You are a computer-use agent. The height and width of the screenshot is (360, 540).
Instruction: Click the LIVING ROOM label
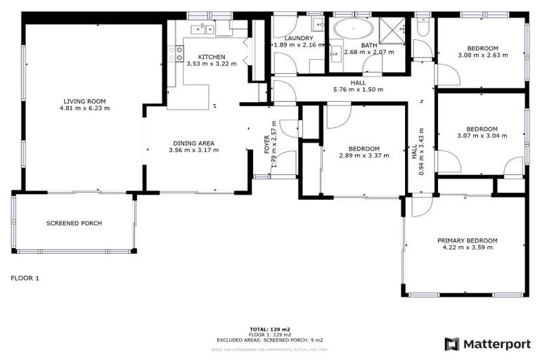pos(86,101)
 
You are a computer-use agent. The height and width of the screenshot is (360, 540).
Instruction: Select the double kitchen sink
pos(205,29)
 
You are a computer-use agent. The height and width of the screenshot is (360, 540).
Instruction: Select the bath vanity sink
pos(335,52)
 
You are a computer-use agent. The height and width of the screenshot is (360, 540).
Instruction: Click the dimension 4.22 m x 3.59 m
pos(467,247)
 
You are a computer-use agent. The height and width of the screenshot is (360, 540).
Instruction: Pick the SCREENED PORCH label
pos(74,224)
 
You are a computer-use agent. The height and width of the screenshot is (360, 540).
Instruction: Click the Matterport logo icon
pos(452,344)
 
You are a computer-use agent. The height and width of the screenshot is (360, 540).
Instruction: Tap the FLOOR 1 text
pos(25,278)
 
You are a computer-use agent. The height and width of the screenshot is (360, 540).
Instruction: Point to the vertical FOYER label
pos(266,146)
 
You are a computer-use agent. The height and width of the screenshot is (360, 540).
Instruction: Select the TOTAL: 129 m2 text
pos(269,328)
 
